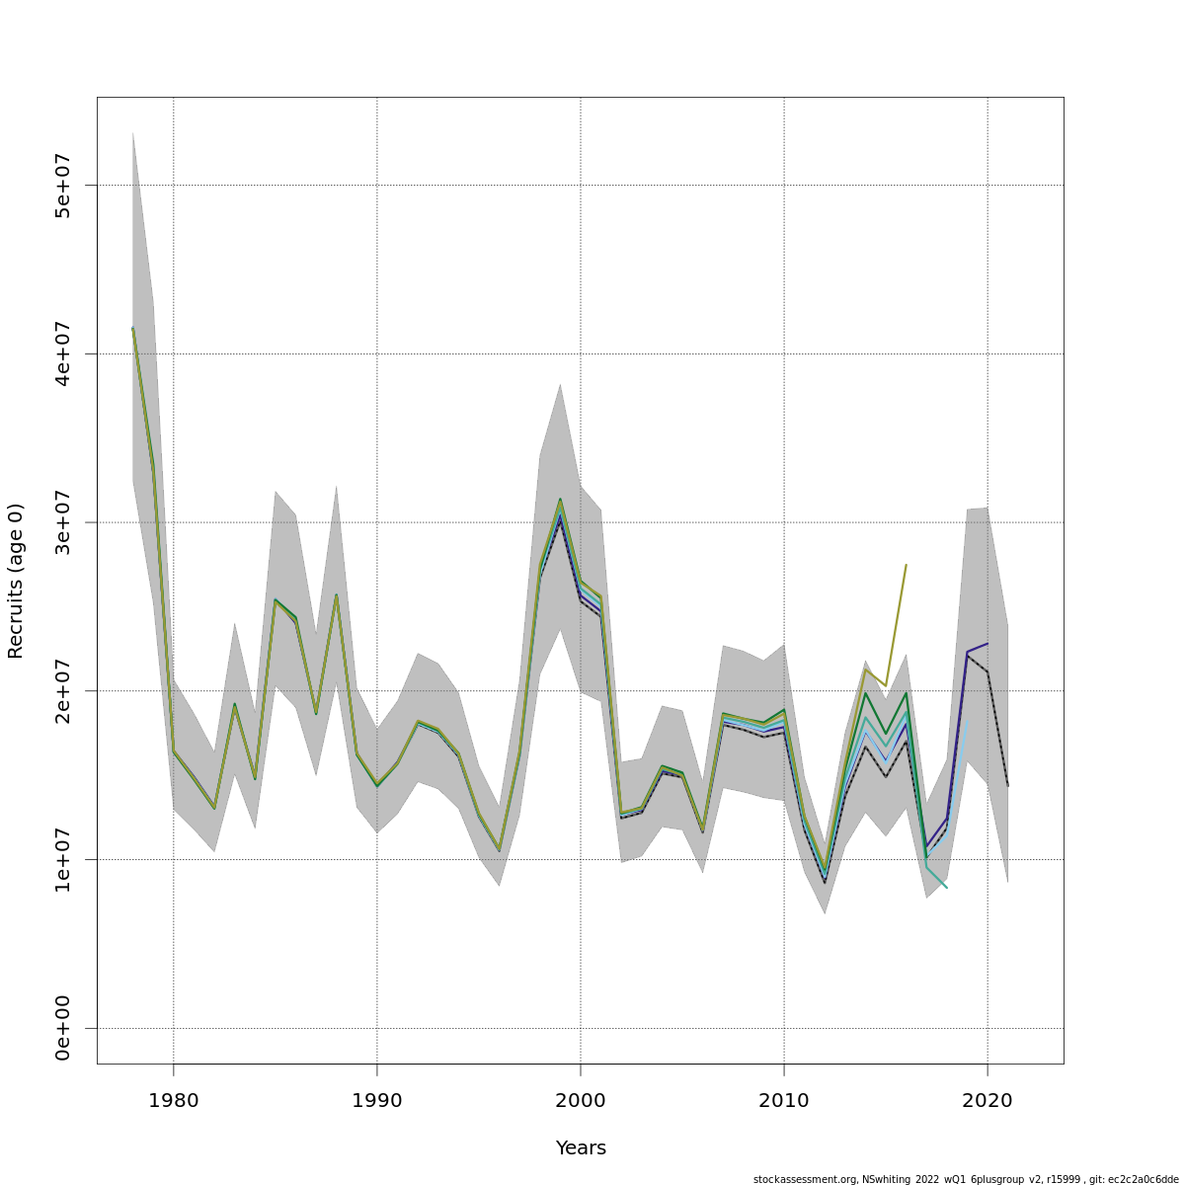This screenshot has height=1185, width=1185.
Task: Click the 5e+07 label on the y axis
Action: click(x=63, y=186)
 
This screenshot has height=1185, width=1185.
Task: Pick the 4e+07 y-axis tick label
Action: click(x=63, y=354)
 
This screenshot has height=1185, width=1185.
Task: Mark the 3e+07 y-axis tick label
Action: click(x=63, y=522)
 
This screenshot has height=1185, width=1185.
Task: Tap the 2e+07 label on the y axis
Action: click(x=63, y=691)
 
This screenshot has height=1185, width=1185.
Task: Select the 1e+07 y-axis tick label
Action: click(x=63, y=859)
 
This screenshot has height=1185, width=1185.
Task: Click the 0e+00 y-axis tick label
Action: click(x=63, y=1028)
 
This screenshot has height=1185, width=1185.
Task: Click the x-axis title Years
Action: click(x=581, y=1148)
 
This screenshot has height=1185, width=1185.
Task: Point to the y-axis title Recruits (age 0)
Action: click(x=16, y=581)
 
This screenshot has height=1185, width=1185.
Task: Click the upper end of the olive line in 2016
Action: click(x=906, y=565)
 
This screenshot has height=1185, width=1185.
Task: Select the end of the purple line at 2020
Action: click(x=987, y=644)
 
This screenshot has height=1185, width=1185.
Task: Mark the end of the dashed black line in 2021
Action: click(x=1007, y=786)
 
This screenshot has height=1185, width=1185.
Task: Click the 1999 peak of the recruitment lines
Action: click(x=560, y=501)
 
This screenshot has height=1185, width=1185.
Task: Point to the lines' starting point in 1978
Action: click(x=132, y=328)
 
